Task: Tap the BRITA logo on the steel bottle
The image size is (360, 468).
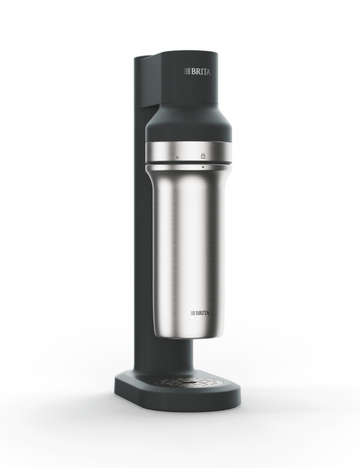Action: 200,313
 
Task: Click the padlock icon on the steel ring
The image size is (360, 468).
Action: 203,155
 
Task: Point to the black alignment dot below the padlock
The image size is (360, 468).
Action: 203,167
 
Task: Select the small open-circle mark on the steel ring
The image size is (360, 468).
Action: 178,157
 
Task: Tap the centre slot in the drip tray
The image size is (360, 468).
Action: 188,382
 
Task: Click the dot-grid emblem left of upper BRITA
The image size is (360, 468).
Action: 187,71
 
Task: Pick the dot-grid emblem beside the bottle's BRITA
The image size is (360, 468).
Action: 193,313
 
